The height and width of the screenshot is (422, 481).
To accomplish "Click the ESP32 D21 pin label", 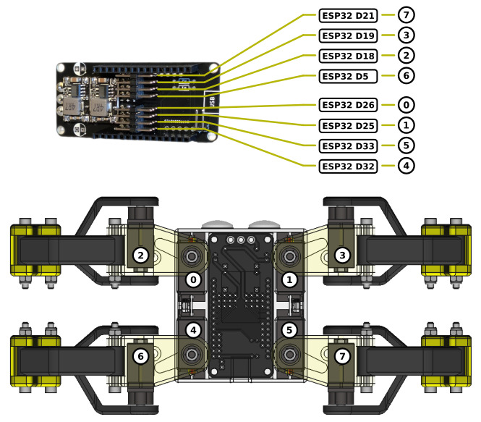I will click(x=348, y=15).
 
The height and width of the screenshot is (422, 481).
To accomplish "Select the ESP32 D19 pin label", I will click(x=348, y=35).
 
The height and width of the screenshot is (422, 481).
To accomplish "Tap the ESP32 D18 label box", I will click(x=348, y=56).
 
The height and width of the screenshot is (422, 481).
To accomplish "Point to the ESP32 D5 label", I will click(x=348, y=76).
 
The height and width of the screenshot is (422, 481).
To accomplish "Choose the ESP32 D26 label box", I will click(x=348, y=104).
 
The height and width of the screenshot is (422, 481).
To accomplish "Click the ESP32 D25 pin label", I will click(x=348, y=125).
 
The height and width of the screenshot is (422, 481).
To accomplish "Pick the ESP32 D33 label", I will click(x=348, y=145).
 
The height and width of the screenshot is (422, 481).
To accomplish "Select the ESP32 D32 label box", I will click(x=348, y=166).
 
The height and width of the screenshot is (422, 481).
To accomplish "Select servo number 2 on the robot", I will click(x=141, y=255).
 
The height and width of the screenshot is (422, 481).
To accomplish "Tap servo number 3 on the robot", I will click(x=341, y=255).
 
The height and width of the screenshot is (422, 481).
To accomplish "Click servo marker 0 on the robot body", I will click(x=192, y=279).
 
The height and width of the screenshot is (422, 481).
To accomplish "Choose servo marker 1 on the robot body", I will click(x=290, y=279).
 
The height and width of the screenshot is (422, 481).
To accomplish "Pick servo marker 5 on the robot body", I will click(x=290, y=330).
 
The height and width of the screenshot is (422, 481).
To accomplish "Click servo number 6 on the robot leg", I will click(x=141, y=356).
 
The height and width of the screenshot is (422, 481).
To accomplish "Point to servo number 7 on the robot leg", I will click(x=341, y=356).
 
